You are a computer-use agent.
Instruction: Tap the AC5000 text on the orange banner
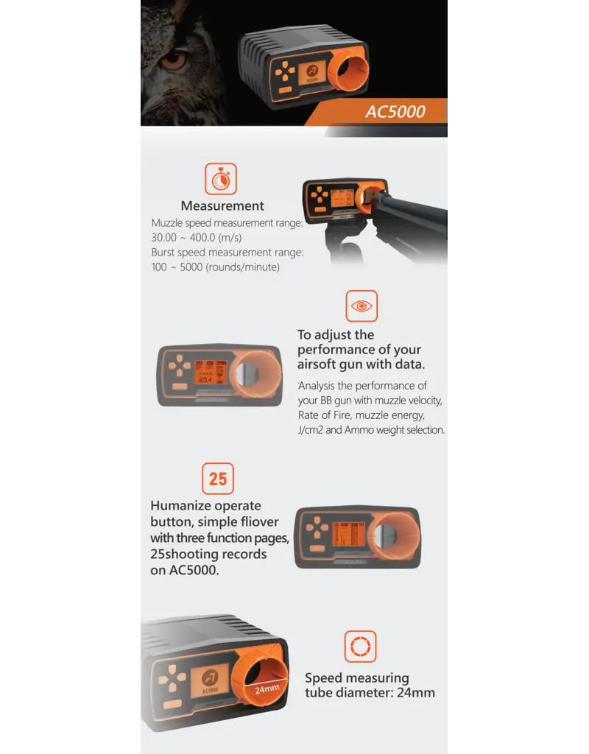click(x=395, y=113)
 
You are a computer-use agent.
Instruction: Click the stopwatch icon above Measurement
click(x=220, y=179)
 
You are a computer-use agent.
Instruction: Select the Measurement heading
click(x=222, y=206)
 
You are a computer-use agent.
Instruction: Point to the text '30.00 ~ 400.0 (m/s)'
click(x=197, y=237)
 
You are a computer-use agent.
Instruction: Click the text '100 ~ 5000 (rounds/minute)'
click(x=216, y=267)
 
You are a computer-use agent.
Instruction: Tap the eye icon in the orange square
click(x=361, y=306)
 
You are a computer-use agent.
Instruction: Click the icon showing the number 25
click(x=218, y=479)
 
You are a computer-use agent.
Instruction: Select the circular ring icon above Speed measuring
click(x=360, y=646)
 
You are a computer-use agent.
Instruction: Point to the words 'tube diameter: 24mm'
click(x=370, y=692)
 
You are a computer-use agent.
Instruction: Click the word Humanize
click(x=180, y=506)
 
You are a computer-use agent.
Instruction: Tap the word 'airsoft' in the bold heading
click(x=317, y=364)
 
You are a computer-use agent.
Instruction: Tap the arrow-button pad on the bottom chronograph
click(x=172, y=677)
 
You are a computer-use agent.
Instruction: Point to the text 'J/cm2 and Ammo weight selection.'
click(x=371, y=430)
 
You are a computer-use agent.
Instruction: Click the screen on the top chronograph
click(x=308, y=73)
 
